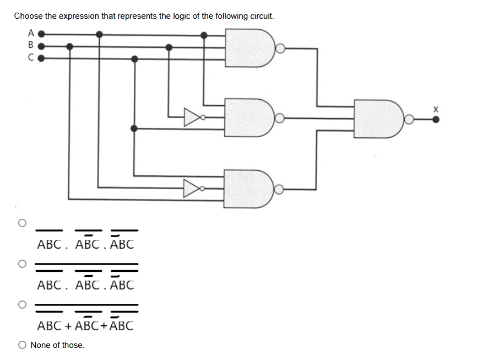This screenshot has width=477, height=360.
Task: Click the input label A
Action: (x=31, y=33)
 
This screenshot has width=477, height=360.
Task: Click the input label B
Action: (x=31, y=45)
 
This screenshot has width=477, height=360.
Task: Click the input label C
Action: (x=31, y=57)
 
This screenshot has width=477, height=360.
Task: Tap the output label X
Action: (x=436, y=109)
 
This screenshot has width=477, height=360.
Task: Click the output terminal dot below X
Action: (x=436, y=119)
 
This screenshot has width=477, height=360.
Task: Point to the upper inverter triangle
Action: (x=192, y=117)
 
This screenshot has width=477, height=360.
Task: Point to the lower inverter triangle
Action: (x=192, y=189)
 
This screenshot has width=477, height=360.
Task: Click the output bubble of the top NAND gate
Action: (x=280, y=48)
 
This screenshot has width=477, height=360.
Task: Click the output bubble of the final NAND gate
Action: (x=409, y=119)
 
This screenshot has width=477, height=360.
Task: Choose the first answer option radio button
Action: (x=22, y=223)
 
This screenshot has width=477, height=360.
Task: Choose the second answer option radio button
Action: (x=22, y=264)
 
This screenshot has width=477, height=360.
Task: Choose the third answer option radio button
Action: (x=22, y=304)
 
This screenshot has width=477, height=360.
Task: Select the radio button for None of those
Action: (x=22, y=345)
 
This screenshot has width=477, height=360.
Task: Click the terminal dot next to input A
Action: (x=41, y=34)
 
